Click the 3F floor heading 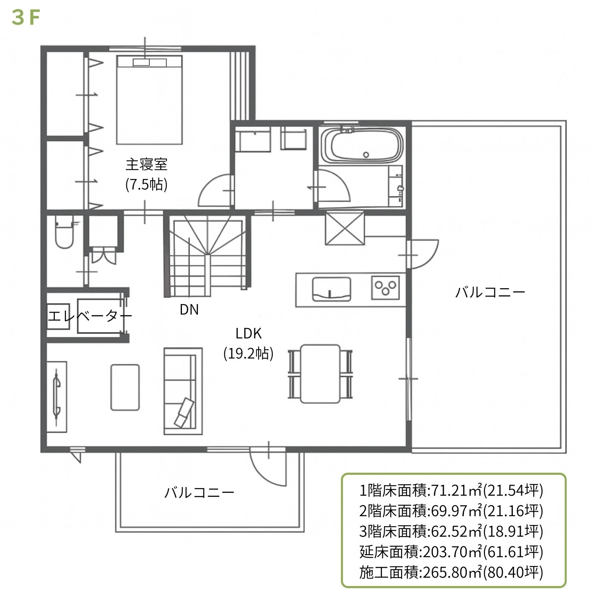(x=26, y=18)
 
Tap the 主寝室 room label (x=146, y=165)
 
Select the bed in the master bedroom (x=149, y=100)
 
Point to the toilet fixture (x=64, y=233)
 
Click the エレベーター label (x=90, y=316)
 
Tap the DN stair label (x=189, y=310)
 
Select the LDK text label (x=248, y=333)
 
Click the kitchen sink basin (x=331, y=289)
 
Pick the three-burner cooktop (x=385, y=288)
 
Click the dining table (x=320, y=374)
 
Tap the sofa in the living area (x=183, y=391)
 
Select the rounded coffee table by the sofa (x=125, y=387)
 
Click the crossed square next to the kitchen (x=345, y=228)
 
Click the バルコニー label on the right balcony (x=490, y=292)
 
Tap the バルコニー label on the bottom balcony (x=199, y=493)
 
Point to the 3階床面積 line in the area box (x=451, y=531)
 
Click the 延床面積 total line (x=451, y=552)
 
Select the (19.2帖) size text (x=248, y=353)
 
